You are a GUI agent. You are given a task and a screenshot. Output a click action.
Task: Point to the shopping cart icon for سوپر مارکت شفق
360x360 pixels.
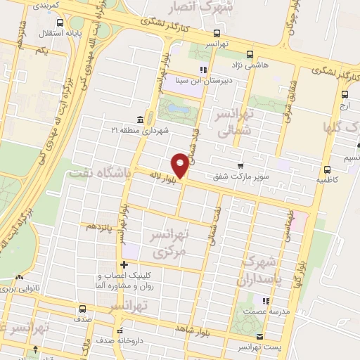[241, 165]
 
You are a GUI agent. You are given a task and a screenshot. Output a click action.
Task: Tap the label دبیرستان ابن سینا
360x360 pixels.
[203, 81]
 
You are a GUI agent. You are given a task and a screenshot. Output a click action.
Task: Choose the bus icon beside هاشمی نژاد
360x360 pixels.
[250, 54]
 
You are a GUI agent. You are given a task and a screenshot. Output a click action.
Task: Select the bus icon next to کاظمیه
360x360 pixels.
[327, 169]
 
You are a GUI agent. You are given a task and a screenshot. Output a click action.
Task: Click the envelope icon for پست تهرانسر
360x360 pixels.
[259, 336]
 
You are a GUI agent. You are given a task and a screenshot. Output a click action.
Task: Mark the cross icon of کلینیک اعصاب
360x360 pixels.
[124, 265]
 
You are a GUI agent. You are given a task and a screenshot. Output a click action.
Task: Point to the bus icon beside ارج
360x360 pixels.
[345, 95]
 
